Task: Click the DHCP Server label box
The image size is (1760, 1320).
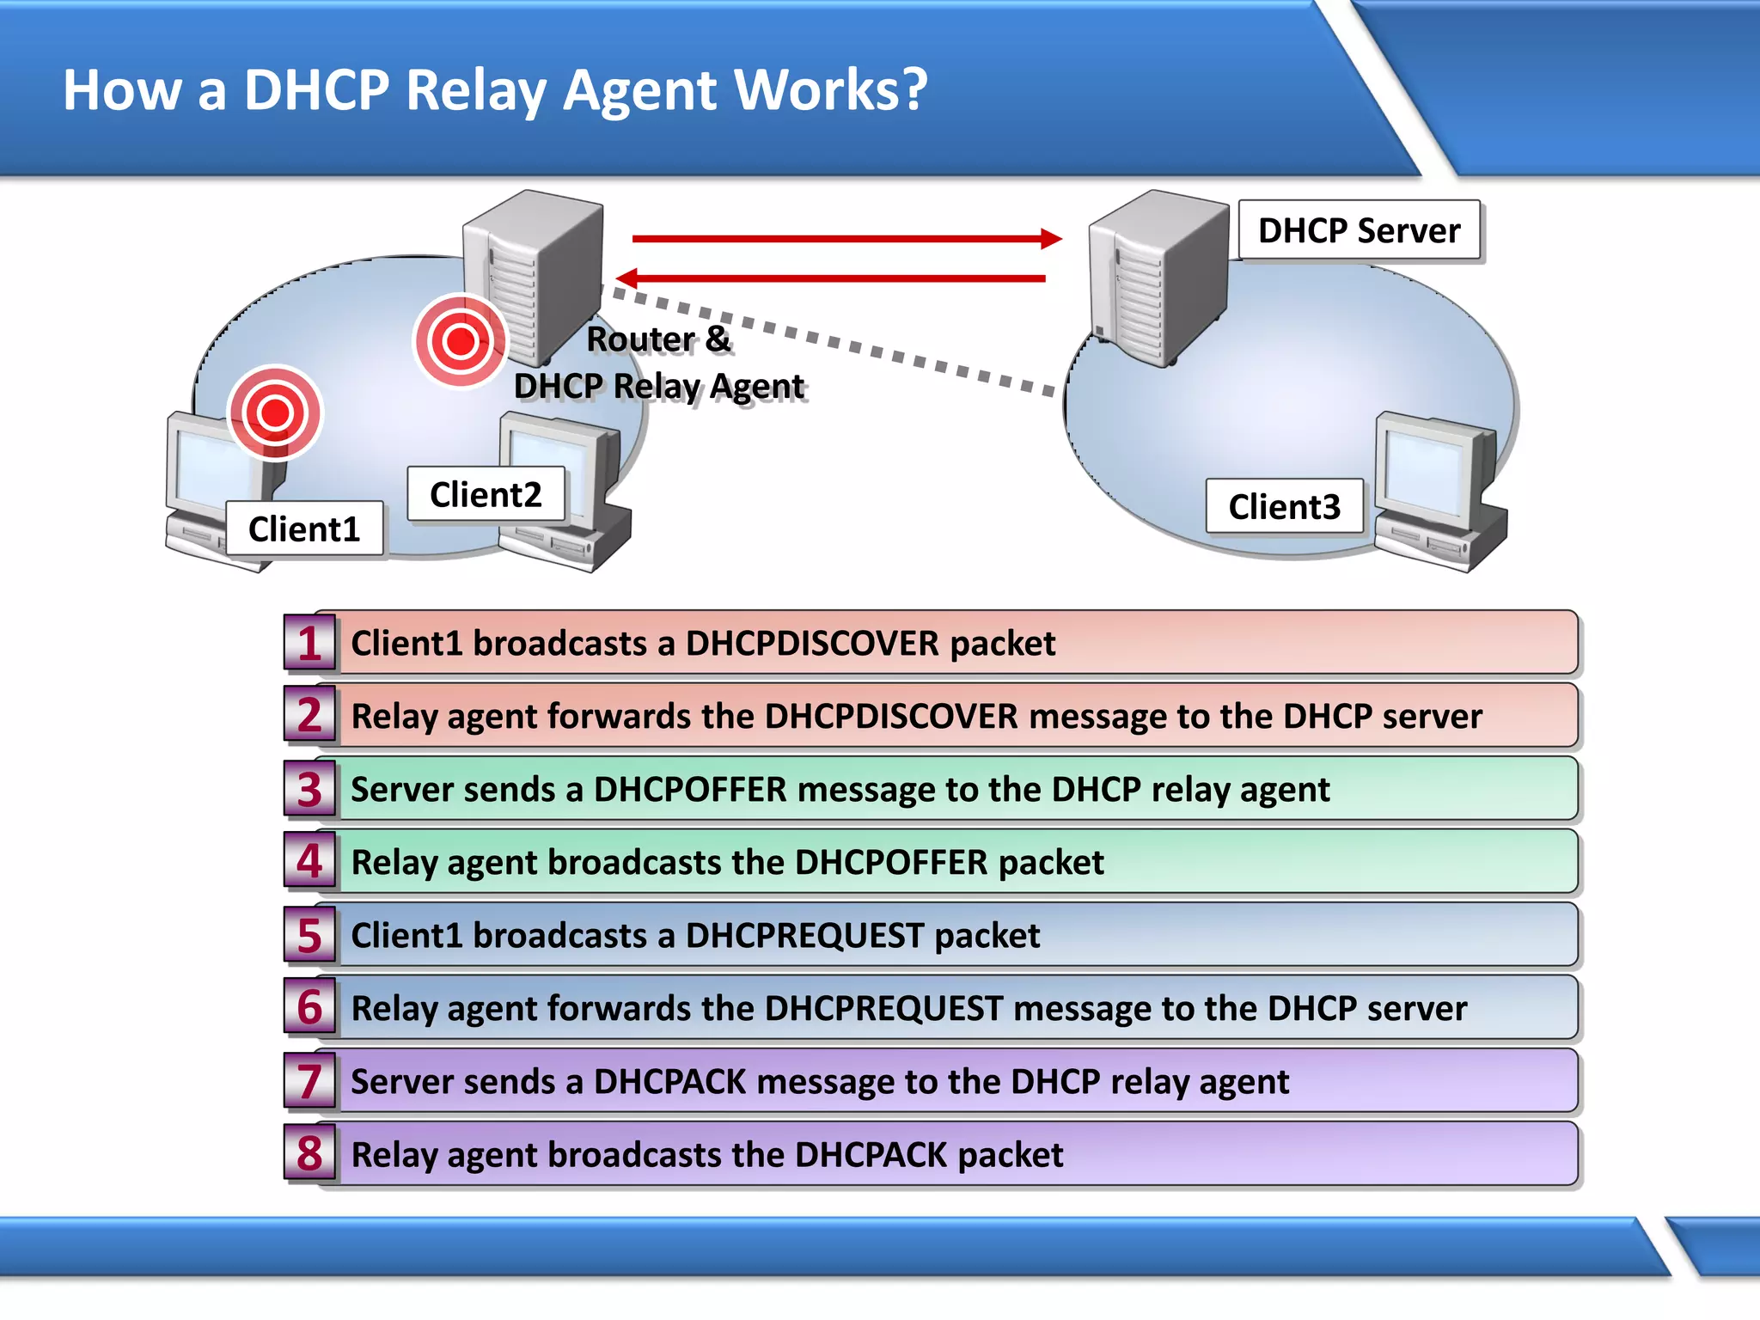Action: pos(1359,230)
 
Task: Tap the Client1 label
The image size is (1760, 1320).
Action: pos(304,529)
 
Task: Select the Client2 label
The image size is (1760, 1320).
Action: pos(486,494)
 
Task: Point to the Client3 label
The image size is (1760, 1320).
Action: pos(1284,506)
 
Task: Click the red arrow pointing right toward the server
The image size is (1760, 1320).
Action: pos(846,239)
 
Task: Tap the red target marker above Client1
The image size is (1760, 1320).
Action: pos(275,413)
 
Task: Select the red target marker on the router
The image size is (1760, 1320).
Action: pos(461,342)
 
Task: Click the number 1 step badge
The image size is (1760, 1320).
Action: pos(309,643)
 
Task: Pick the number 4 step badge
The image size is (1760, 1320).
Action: pos(309,861)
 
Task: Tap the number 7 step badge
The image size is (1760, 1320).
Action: pos(309,1081)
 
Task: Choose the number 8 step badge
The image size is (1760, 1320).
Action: pos(309,1154)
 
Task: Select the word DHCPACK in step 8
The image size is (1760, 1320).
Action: pos(871,1155)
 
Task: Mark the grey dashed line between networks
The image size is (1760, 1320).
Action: pos(834,342)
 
